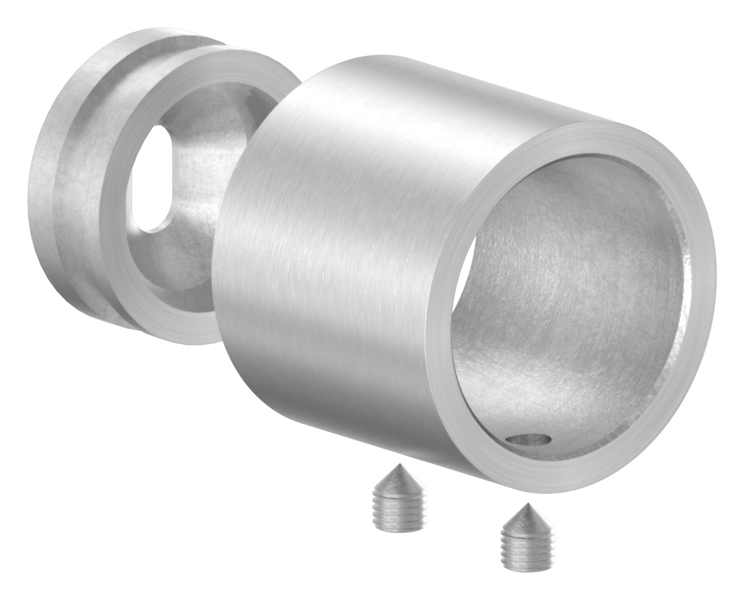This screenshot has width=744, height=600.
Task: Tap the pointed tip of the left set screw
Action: point(399,466)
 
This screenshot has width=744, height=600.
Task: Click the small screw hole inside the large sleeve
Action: point(528,441)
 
